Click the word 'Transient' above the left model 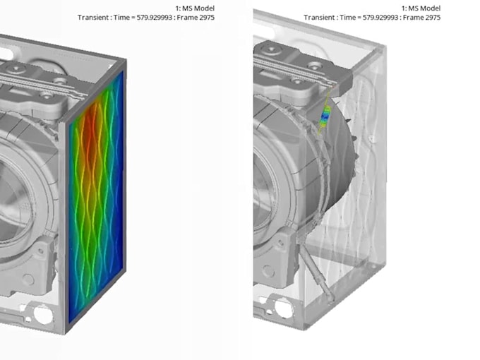(92, 17)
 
